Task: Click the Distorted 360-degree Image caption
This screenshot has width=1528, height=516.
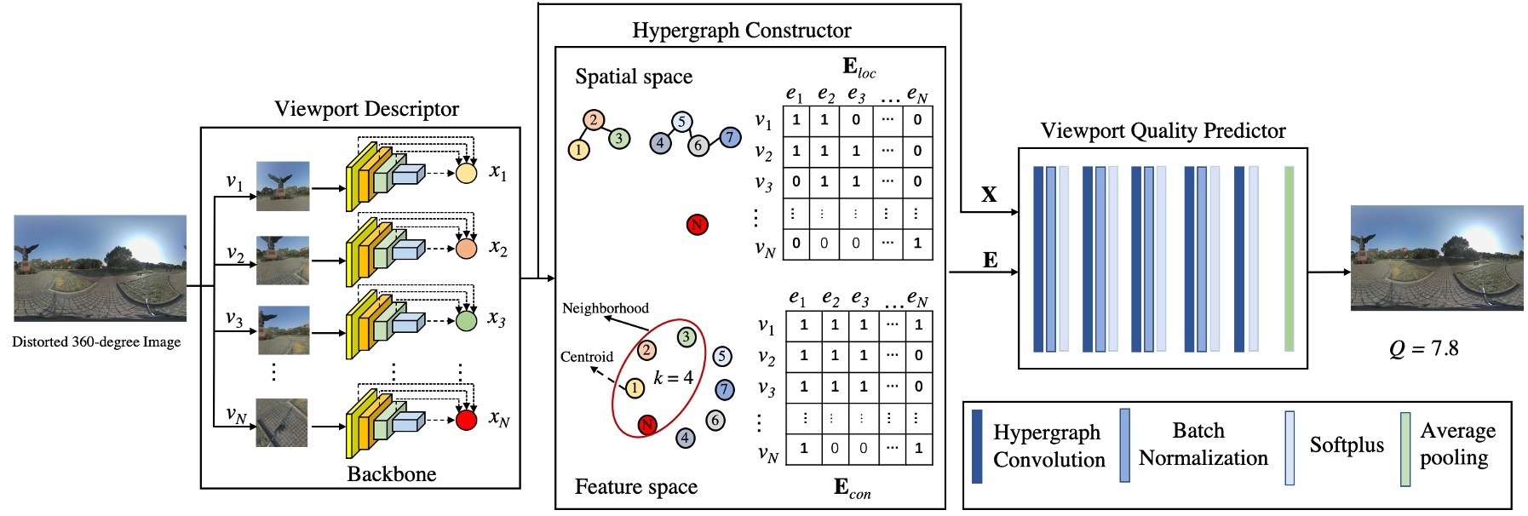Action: pos(96,341)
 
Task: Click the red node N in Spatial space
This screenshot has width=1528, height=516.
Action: pos(697,225)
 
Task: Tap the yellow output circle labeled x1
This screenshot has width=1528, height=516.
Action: pos(466,173)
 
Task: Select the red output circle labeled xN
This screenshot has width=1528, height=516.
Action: pos(466,420)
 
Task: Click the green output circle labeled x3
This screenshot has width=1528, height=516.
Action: pos(466,321)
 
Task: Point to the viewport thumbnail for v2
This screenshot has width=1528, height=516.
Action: pos(283,260)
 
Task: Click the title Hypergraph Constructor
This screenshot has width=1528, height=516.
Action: pos(741,31)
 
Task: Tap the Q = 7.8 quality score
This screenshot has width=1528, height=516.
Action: pos(1423,348)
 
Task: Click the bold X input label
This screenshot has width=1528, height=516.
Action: pos(988,194)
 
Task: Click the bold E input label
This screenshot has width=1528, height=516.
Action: pos(990,260)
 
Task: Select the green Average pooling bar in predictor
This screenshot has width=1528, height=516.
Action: pos(1289,258)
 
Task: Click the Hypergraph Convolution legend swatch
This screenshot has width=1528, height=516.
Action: pos(977,446)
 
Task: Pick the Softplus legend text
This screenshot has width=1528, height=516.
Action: pos(1346,445)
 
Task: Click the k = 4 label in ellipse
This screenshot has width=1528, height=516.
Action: pos(673,377)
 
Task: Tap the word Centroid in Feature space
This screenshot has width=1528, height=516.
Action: pos(586,357)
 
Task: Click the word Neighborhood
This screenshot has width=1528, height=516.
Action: pos(605,308)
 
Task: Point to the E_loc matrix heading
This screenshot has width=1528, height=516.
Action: pos(858,67)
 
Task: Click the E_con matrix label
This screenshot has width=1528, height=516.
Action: pos(852,488)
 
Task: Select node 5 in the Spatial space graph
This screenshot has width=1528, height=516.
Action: pos(681,122)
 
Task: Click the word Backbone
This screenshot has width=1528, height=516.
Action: pos(391,473)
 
